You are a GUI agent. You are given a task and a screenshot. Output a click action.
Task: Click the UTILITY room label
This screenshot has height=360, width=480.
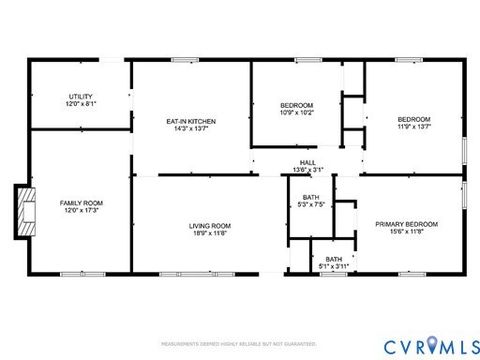(81, 96)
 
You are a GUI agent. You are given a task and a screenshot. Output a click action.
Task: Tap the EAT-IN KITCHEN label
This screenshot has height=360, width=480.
(190, 121)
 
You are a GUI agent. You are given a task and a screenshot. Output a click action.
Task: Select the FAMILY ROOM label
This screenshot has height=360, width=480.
(81, 202)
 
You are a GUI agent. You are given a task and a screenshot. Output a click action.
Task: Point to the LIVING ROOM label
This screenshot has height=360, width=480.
(210, 225)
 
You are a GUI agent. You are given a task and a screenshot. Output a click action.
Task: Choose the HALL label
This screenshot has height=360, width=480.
(308, 162)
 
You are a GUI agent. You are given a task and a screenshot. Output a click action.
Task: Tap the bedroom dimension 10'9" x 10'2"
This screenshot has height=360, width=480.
(296, 113)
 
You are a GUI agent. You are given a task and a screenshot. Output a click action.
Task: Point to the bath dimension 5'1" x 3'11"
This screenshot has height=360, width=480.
(332, 266)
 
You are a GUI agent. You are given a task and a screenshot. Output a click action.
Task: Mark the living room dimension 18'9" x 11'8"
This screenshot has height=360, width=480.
(210, 233)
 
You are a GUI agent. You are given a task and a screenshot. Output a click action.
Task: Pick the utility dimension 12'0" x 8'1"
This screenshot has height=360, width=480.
(81, 104)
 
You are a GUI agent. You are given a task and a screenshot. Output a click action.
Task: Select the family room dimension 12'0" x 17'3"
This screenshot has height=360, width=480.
(81, 210)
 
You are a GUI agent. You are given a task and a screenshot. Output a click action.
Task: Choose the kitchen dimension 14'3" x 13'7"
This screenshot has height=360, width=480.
(190, 129)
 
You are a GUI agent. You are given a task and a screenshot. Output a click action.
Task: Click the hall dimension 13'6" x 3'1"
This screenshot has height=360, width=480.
(308, 169)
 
